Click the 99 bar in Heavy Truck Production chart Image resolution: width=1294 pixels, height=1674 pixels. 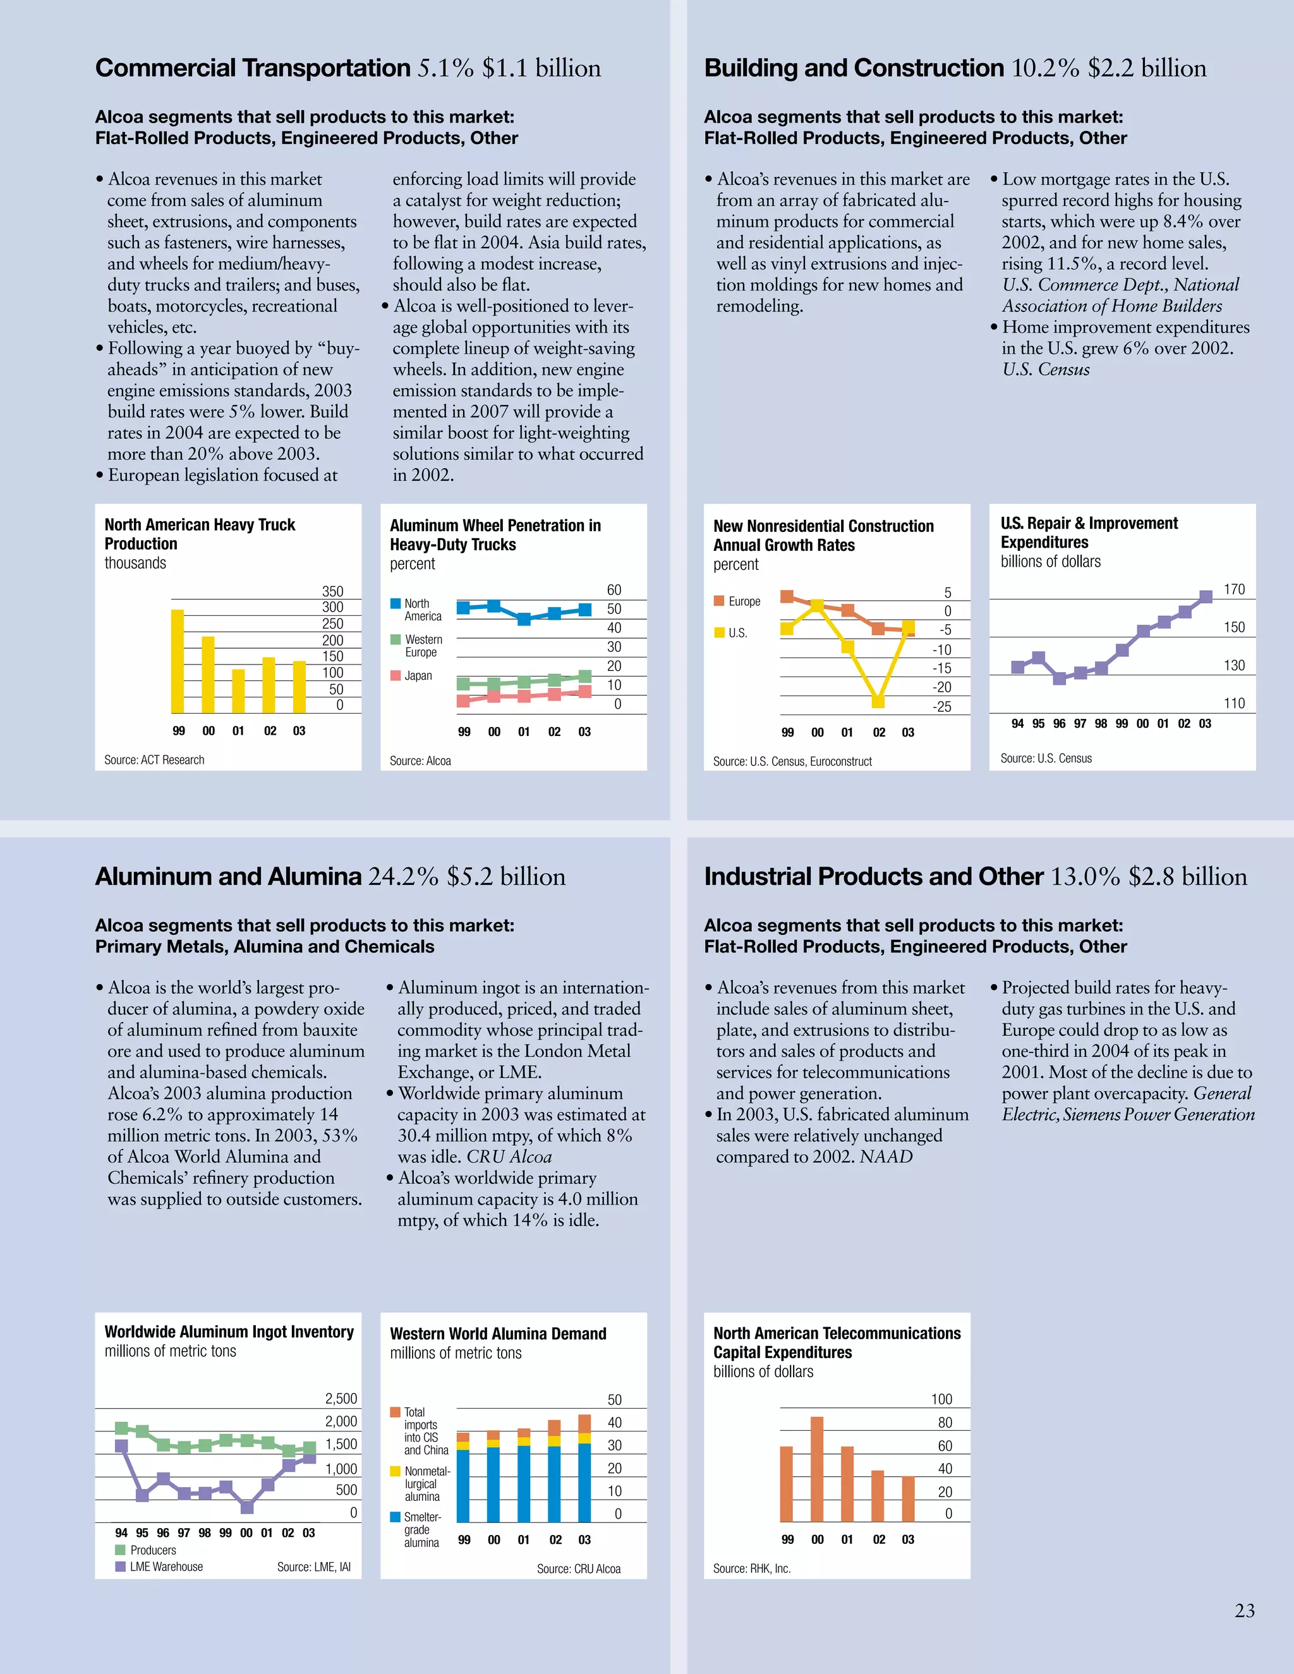pos(177,661)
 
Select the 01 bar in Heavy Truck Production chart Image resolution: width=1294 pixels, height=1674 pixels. pos(238,690)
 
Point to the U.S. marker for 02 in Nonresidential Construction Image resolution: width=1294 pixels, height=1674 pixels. pos(878,701)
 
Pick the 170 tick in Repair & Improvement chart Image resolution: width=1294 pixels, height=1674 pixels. pos(1233,589)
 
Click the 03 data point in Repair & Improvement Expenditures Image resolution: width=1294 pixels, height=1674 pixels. pos(1205,596)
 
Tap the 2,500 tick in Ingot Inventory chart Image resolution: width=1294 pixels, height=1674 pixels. pos(341,1398)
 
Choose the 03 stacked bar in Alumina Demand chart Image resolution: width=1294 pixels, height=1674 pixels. pos(584,1469)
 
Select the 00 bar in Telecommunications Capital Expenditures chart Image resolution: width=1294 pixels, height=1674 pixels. pos(817,1469)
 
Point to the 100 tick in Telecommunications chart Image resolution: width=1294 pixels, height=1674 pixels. pos(941,1399)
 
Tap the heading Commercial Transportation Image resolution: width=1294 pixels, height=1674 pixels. pos(253,68)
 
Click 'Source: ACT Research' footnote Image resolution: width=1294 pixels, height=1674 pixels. pos(154,759)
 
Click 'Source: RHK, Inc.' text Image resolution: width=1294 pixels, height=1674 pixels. pos(751,1569)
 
